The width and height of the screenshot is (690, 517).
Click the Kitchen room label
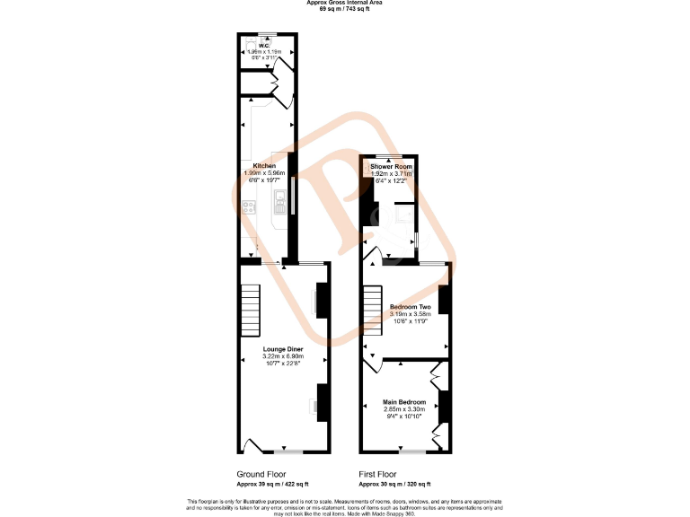264,166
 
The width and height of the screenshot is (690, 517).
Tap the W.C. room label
265,46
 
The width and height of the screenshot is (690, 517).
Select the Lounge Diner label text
283,348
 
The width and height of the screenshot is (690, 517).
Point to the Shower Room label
391,167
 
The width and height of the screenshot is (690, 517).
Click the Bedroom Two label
410,307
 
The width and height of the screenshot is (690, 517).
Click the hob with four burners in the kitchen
250,206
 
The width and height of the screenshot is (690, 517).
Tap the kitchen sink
281,197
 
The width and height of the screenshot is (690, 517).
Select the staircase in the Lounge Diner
250,310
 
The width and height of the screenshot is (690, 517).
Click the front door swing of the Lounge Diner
252,444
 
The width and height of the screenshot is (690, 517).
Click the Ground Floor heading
261,474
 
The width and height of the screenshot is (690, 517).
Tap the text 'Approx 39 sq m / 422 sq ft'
268,484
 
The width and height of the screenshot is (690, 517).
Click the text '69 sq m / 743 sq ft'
344,8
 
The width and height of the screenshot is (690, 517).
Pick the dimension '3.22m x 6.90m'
283,356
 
